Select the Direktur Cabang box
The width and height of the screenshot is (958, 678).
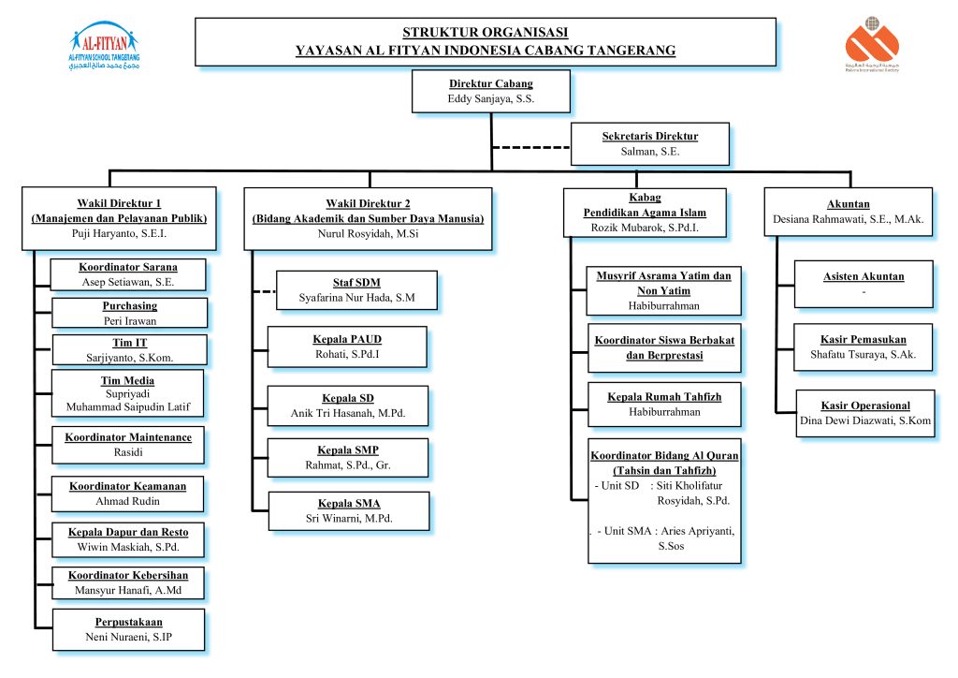tap(490, 92)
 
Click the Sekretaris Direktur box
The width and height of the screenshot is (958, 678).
tap(649, 143)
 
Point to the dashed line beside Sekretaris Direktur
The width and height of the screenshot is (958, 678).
tap(530, 148)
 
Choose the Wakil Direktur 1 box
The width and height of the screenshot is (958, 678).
tap(119, 218)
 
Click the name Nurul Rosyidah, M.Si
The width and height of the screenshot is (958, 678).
tap(367, 234)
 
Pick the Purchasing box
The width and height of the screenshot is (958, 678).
tap(129, 313)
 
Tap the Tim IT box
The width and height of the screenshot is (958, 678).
tap(129, 350)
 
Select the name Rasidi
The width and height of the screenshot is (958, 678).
tap(129, 452)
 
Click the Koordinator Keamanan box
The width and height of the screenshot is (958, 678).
tap(127, 494)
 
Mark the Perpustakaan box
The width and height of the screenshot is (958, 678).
tap(128, 629)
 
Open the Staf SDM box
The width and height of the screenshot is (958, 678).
tap(356, 289)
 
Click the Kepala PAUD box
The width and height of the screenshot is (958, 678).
tap(347, 346)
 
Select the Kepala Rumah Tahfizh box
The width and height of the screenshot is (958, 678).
tap(664, 404)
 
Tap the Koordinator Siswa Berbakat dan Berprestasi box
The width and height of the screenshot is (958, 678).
tap(664, 347)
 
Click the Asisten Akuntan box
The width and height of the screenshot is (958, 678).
tap(863, 284)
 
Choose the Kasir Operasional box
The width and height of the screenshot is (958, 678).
tap(864, 413)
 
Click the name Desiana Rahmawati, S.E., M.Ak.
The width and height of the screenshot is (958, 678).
tap(849, 220)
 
